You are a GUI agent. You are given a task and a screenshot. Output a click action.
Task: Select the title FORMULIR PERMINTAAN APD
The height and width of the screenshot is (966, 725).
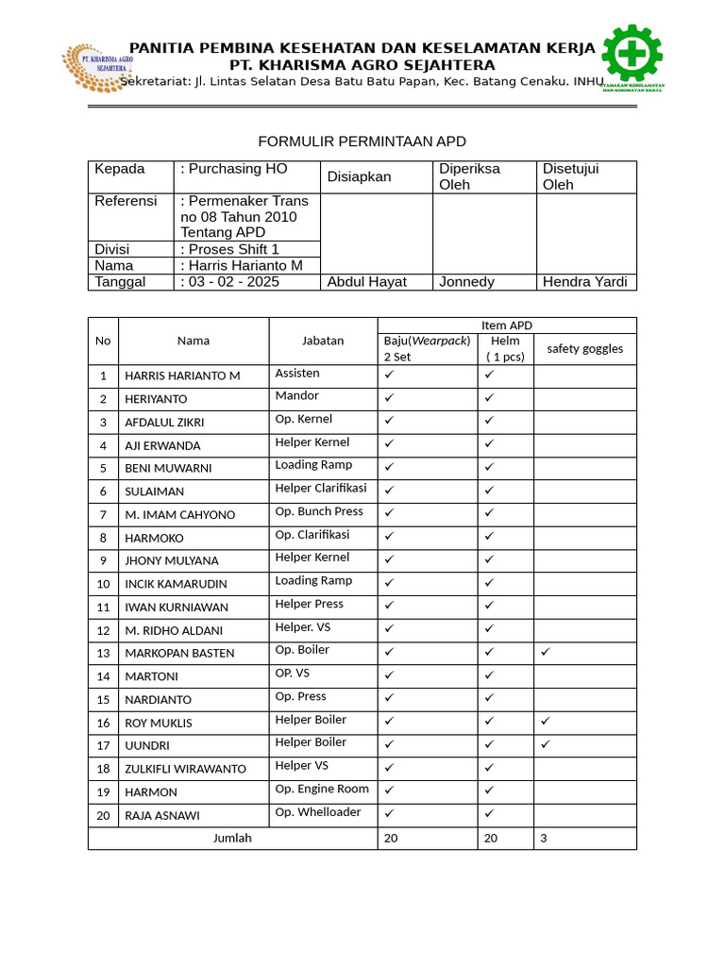tap(362, 142)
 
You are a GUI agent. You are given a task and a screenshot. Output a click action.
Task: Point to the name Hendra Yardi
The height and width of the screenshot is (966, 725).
tap(584, 282)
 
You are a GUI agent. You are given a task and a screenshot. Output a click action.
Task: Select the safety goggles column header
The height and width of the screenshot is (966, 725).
tap(584, 349)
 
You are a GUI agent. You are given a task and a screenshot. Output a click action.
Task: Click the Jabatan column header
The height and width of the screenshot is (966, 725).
tap(323, 341)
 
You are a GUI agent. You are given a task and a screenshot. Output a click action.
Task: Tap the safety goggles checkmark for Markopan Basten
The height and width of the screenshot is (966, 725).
tap(546, 652)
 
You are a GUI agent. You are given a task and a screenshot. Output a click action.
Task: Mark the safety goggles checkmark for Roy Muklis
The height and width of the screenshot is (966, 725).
tap(546, 722)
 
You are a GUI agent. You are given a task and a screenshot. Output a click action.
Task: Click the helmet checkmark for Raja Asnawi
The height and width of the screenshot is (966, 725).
tap(489, 814)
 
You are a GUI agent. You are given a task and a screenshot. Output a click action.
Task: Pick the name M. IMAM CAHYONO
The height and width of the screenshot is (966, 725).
tap(179, 515)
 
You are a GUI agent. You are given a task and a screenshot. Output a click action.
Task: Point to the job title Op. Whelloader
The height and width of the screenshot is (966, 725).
tap(317, 812)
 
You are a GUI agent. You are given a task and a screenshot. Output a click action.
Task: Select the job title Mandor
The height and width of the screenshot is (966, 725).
tap(296, 396)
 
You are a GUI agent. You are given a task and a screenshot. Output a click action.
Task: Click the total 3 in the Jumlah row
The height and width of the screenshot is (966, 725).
tap(544, 838)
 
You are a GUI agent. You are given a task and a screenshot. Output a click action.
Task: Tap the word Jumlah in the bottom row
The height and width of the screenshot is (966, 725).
tap(232, 838)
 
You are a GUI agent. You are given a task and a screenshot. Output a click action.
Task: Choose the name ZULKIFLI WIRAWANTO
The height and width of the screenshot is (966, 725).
tap(185, 769)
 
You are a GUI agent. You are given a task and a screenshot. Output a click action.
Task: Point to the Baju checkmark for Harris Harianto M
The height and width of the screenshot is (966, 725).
tap(389, 375)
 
